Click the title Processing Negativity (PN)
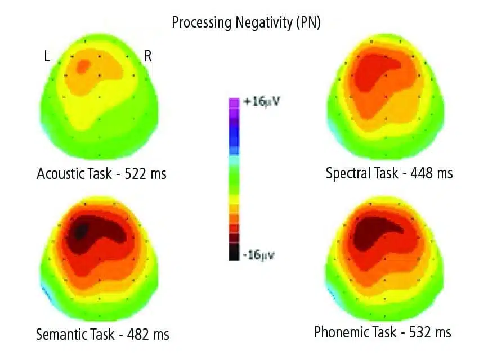coord(246,24)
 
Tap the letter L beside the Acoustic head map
coord(48,56)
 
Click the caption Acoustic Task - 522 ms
coord(102,173)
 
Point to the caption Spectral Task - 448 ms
coord(389,173)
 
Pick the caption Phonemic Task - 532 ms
coord(383,332)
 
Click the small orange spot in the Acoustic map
coord(82,66)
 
